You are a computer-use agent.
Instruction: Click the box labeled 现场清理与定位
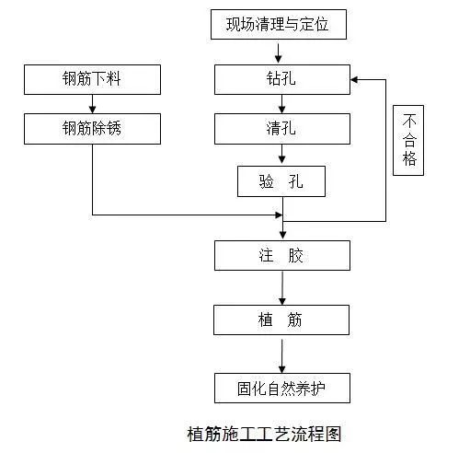pyautogui.click(x=280, y=25)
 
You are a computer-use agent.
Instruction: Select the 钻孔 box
pyautogui.click(x=281, y=79)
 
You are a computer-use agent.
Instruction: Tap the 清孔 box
pyautogui.click(x=281, y=128)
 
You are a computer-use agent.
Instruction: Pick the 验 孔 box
pyautogui.click(x=281, y=181)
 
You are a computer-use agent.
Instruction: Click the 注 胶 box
pyautogui.click(x=281, y=255)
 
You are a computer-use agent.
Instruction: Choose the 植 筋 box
pyautogui.click(x=281, y=320)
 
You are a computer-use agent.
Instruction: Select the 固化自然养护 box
pyautogui.click(x=281, y=388)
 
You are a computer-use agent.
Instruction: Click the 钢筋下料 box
pyautogui.click(x=93, y=79)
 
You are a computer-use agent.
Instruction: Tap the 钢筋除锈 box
pyautogui.click(x=93, y=128)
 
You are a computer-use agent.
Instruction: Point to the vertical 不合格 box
pyautogui.click(x=410, y=140)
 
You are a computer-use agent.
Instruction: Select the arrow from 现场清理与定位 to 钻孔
pyautogui.click(x=280, y=53)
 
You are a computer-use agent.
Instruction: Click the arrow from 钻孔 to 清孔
pyautogui.click(x=281, y=103)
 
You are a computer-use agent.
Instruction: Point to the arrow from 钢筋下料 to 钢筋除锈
pyautogui.click(x=93, y=103)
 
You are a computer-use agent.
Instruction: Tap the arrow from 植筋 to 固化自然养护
pyautogui.click(x=282, y=354)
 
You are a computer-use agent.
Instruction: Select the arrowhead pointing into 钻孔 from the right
pyautogui.click(x=356, y=79)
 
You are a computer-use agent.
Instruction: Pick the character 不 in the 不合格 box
pyautogui.click(x=410, y=121)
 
